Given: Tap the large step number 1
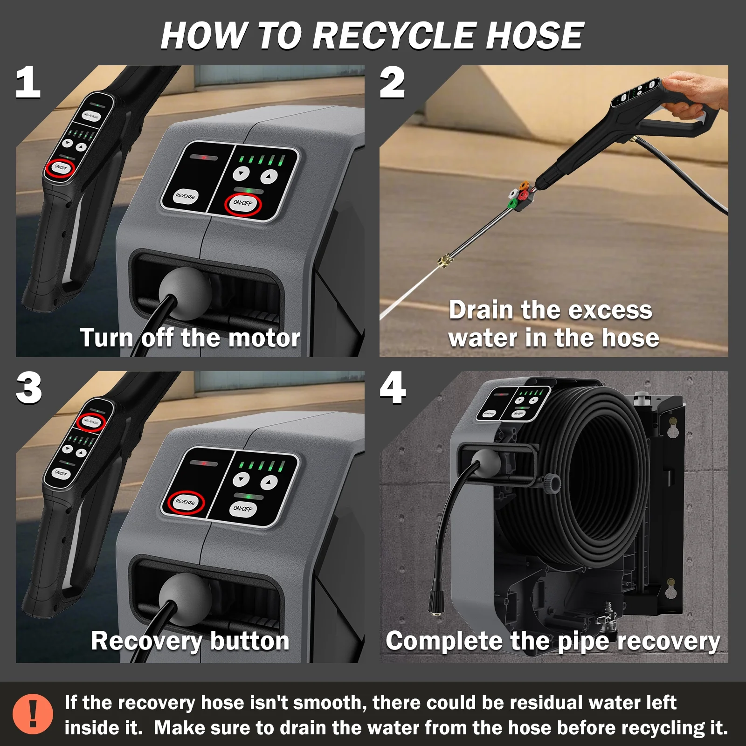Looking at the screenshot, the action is coord(28,83).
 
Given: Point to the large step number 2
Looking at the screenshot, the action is coord(392,83).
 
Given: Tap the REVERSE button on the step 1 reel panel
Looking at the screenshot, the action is coord(185,196).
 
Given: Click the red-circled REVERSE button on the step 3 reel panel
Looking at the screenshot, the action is coord(185,502).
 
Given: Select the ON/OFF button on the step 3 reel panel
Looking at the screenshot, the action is coord(242,509).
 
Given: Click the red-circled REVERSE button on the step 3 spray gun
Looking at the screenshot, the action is coord(91,422).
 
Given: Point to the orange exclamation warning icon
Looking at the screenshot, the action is coord(33,714).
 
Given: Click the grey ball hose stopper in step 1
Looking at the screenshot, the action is coord(185,288).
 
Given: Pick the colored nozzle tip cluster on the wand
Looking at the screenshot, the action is coord(519,195).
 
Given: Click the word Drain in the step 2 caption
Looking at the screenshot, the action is coord(481,310).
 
